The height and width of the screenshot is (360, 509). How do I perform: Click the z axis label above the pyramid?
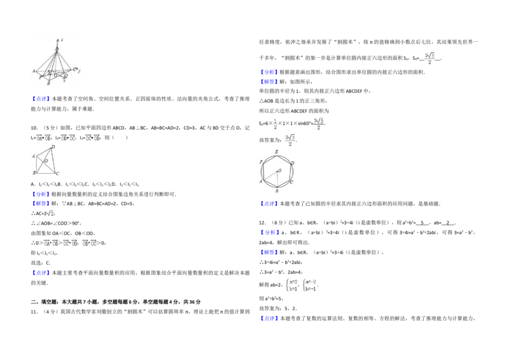coord(61,39)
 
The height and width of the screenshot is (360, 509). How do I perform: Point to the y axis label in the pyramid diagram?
coord(79,71)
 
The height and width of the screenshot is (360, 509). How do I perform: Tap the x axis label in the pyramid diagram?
coord(64,80)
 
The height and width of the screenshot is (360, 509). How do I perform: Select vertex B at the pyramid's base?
coord(49,83)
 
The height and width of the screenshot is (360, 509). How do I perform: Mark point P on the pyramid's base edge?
coord(40,77)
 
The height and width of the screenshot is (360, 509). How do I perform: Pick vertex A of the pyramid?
coord(34,71)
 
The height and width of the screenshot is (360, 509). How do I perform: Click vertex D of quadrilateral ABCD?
coord(53,147)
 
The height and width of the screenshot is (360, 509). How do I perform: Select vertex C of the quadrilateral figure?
coord(57,174)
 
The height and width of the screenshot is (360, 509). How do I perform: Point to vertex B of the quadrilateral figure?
coord(34,173)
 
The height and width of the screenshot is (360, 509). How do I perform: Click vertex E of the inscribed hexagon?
coord(276,151)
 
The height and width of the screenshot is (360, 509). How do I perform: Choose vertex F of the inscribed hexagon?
coord(261,163)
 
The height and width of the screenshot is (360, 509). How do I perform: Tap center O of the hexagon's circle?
coord(279,170)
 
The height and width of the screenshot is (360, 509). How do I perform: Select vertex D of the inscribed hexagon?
coord(292,163)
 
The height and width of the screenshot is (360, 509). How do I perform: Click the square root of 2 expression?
coord(50,214)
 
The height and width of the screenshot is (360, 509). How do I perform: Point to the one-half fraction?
coord(274,125)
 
